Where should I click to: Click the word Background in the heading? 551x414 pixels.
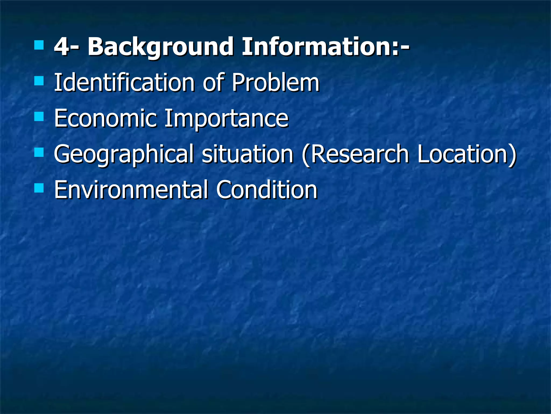pyautogui.click(x=160, y=47)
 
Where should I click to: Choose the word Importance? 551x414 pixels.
pyautogui.click(x=226, y=119)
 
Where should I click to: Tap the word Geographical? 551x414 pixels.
pyautogui.click(x=123, y=154)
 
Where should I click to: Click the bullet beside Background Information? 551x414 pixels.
pyautogui.click(x=39, y=45)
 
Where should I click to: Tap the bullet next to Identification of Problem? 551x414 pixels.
pyautogui.click(x=39, y=81)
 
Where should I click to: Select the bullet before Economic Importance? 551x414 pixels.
pyautogui.click(x=39, y=117)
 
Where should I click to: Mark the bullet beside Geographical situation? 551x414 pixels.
pyautogui.click(x=39, y=153)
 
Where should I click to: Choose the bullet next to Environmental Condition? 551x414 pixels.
pyautogui.click(x=39, y=188)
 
